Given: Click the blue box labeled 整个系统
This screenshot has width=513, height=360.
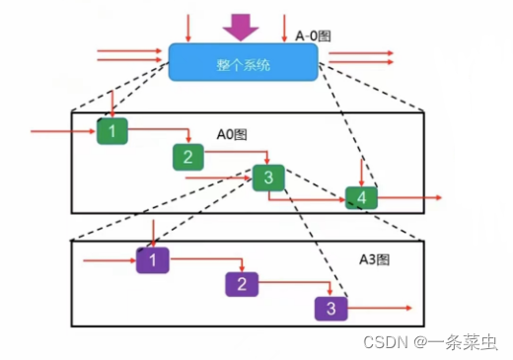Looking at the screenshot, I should pyautogui.click(x=243, y=62).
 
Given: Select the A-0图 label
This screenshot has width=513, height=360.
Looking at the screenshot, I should pyautogui.click(x=314, y=36).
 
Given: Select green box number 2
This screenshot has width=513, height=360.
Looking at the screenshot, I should pyautogui.click(x=187, y=156).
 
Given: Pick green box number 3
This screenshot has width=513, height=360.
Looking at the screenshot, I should pyautogui.click(x=268, y=178).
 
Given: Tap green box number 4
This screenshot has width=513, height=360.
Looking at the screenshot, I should pyautogui.click(x=361, y=198).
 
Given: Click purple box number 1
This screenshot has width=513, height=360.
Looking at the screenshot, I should pyautogui.click(x=153, y=260).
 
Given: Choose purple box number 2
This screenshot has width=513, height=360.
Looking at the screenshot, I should pyautogui.click(x=240, y=285).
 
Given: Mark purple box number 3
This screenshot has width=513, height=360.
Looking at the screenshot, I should pyautogui.click(x=330, y=309).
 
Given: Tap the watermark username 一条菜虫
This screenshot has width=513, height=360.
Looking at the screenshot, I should pyautogui.click(x=465, y=342).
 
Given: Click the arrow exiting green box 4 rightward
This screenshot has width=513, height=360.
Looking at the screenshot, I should pyautogui.click(x=408, y=198).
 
